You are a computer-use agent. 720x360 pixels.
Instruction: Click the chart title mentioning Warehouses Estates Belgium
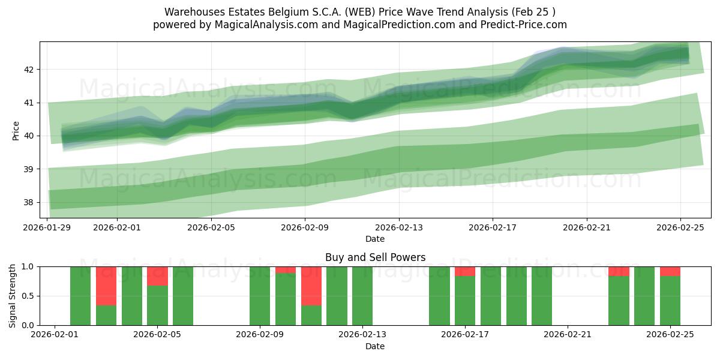(359, 12)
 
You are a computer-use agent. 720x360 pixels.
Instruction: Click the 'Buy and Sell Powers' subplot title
(375, 257)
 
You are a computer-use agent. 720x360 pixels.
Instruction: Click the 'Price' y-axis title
(16, 130)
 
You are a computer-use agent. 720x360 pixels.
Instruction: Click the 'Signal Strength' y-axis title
(13, 296)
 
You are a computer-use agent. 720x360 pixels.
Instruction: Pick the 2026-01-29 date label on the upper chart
(47, 227)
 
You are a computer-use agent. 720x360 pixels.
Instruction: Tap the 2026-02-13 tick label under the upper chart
(399, 227)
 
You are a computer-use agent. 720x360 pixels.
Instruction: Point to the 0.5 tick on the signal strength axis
(28, 296)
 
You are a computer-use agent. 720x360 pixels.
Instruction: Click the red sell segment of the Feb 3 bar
(106, 286)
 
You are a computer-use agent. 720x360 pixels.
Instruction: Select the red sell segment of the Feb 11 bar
(311, 286)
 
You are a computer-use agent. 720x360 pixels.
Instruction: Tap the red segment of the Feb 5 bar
(157, 276)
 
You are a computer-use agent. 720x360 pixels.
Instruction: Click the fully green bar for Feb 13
(362, 296)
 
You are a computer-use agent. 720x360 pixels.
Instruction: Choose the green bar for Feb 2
(80, 296)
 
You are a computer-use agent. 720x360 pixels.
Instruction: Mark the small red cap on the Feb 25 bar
(670, 271)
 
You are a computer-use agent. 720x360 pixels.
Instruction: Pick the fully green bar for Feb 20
(542, 296)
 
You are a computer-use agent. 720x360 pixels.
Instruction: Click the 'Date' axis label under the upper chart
(375, 239)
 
